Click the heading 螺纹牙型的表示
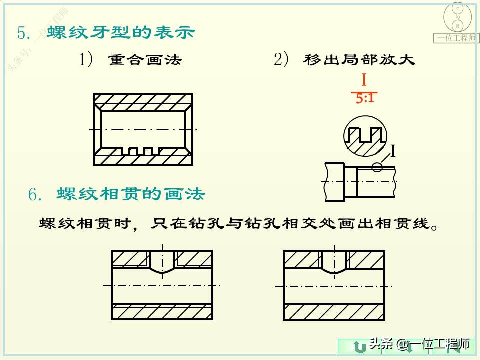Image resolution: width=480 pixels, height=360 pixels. (120, 33)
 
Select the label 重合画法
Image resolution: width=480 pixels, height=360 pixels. (145, 61)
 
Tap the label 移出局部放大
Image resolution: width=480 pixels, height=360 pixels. (359, 60)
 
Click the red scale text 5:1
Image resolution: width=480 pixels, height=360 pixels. (365, 98)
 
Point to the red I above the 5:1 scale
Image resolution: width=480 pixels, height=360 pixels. (364, 81)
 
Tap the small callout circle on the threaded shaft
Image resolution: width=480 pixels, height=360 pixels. (378, 166)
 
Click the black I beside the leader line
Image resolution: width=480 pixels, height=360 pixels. (393, 151)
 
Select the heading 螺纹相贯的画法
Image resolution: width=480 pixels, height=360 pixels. (130, 194)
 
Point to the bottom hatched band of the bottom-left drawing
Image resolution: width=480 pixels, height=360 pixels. (162, 311)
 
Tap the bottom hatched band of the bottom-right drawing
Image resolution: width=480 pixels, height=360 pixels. (334, 311)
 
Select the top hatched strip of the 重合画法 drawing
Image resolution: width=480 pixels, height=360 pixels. (143, 98)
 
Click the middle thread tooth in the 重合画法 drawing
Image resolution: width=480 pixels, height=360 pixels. (148, 151)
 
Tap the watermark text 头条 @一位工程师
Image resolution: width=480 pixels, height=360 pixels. (420, 344)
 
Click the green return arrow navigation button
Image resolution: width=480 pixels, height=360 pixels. (358, 347)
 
